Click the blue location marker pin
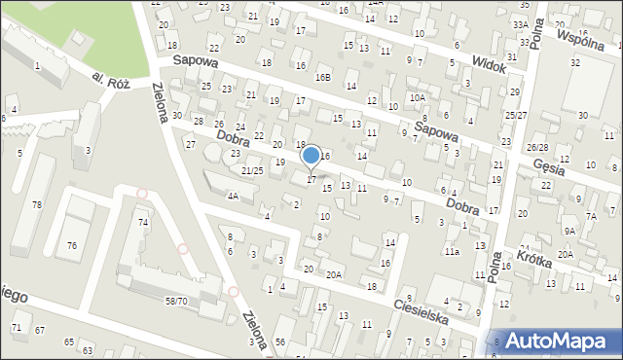click(x=311, y=157)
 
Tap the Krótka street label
click(x=535, y=259)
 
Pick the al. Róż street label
click(x=111, y=79)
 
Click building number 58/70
click(x=176, y=302)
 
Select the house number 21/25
click(x=252, y=170)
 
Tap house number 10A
click(x=418, y=97)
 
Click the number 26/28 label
click(x=537, y=147)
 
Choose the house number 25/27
click(x=515, y=115)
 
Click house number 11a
click(x=452, y=251)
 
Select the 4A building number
click(x=233, y=196)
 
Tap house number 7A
click(x=591, y=215)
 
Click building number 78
click(x=36, y=204)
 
